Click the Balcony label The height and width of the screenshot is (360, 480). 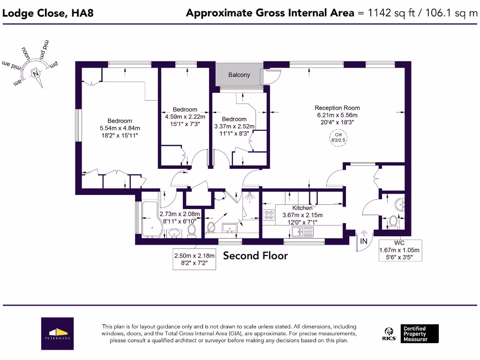pos(239,75)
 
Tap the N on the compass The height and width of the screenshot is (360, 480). pos(35,74)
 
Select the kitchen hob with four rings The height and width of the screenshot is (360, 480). pos(270,215)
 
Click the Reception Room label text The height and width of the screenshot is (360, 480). pos(337,108)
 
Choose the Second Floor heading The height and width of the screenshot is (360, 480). pos(255,255)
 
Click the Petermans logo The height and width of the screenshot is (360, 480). pos(57,333)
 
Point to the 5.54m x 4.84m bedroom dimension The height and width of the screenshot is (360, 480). pos(120,128)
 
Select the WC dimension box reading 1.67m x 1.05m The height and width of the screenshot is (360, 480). pos(400,250)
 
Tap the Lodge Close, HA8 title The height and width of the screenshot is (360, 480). pos(48,13)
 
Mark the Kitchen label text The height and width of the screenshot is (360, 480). pos(302,208)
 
